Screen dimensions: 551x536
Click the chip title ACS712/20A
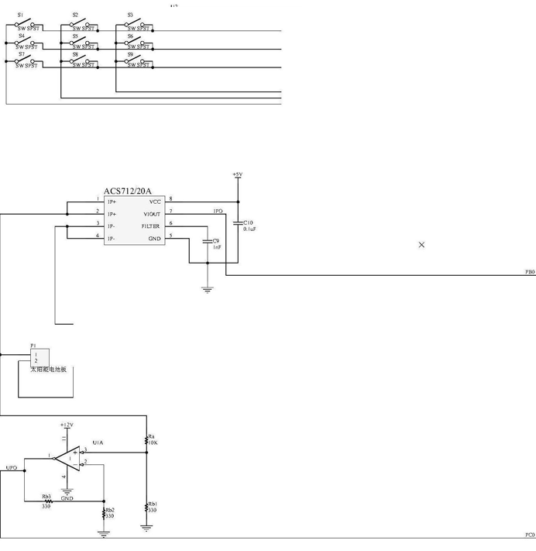tap(128, 191)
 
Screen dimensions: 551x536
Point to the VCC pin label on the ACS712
tap(155, 201)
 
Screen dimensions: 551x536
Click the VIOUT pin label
tap(152, 214)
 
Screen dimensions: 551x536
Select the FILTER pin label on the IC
tap(150, 226)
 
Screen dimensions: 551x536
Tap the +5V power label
tap(237, 175)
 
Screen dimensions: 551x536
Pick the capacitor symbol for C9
tap(208, 241)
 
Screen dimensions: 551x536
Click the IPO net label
tap(218, 211)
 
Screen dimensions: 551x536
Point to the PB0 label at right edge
tap(530, 272)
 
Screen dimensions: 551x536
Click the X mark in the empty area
tap(421, 245)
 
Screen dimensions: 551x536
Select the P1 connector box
tap(39, 357)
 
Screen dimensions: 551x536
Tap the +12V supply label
tap(67, 425)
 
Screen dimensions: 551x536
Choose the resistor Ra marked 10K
tap(146, 440)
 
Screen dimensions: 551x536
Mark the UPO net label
tap(11, 468)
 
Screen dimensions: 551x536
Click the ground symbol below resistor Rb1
tap(146, 528)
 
